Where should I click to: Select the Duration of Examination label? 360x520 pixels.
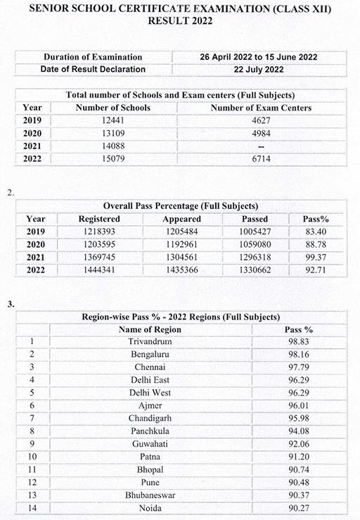point(93,57)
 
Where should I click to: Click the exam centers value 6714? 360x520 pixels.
point(262,158)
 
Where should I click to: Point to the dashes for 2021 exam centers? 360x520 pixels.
point(262,146)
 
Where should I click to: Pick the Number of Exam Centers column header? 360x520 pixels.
point(262,108)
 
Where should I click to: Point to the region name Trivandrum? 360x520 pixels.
point(150,341)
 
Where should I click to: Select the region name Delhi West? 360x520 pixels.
point(150,392)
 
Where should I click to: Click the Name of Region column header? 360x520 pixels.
point(150,329)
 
